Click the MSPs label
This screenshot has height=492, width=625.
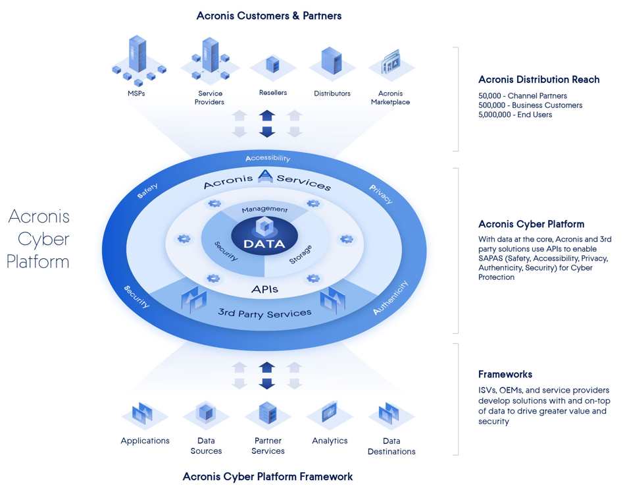pyautogui.click(x=136, y=94)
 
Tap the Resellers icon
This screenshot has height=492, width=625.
pyautogui.click(x=272, y=65)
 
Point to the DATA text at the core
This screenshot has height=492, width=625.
pyautogui.click(x=264, y=244)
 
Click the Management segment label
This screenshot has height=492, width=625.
pyautogui.click(x=264, y=209)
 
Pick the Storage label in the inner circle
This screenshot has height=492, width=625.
pyautogui.click(x=301, y=254)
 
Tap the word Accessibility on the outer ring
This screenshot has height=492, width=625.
pyautogui.click(x=268, y=158)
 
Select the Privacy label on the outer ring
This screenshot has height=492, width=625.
pyautogui.click(x=381, y=194)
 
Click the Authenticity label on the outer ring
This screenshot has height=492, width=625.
pyautogui.click(x=391, y=297)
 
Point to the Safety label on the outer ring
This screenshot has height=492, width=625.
pyautogui.click(x=147, y=191)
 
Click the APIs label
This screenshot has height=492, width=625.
pyautogui.click(x=264, y=289)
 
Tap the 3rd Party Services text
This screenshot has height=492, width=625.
pyautogui.click(x=264, y=314)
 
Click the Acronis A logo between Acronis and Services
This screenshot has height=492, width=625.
pyautogui.click(x=265, y=176)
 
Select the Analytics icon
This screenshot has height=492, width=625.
pyautogui.click(x=330, y=412)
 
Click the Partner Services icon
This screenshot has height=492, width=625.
pyautogui.click(x=268, y=413)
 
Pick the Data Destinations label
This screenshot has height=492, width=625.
pyautogui.click(x=391, y=446)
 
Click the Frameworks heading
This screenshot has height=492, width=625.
pyautogui.click(x=505, y=374)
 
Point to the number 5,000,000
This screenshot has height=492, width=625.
pyautogui.click(x=495, y=115)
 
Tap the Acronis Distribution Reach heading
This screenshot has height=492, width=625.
pyautogui.click(x=539, y=80)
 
